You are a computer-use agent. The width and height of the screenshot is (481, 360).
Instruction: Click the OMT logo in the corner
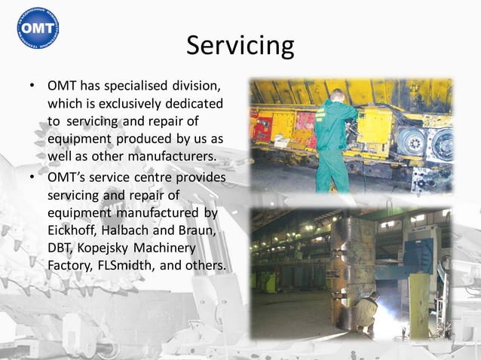[x=37, y=28]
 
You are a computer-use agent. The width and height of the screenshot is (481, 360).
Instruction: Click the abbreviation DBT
[x=61, y=249]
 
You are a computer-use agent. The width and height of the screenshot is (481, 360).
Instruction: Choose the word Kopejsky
[x=112, y=249]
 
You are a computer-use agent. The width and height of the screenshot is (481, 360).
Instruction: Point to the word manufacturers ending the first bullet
[x=170, y=156]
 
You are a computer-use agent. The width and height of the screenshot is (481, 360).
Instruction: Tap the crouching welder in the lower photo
[x=366, y=310]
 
